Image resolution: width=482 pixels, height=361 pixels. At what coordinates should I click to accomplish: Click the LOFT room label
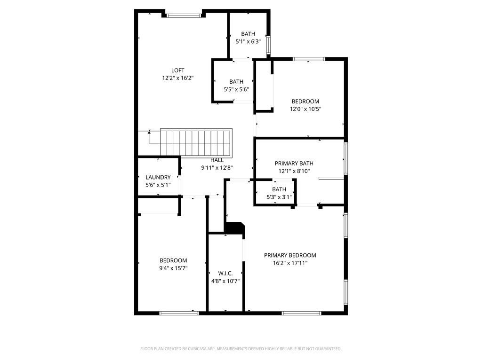click(177, 71)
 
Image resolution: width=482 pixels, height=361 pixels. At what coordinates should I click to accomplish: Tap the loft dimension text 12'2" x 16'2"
click(177, 78)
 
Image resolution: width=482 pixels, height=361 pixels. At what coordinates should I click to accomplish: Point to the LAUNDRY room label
click(158, 178)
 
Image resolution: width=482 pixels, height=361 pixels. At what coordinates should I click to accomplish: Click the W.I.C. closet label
click(225, 274)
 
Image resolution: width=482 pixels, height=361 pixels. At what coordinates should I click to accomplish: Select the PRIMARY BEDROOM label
click(289, 256)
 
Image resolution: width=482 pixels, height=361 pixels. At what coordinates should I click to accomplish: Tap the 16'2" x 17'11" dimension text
click(289, 263)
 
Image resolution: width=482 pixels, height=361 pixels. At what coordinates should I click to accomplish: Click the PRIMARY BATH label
click(294, 164)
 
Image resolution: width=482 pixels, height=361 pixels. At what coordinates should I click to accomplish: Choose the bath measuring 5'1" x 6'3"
click(248, 38)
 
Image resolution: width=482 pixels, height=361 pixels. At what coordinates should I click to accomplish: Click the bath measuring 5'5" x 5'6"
click(236, 86)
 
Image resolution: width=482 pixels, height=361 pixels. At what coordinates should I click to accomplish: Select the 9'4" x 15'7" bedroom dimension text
click(173, 268)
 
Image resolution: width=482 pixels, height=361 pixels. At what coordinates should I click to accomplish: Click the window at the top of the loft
click(184, 16)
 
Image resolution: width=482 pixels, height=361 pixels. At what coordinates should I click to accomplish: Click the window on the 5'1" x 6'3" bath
click(268, 46)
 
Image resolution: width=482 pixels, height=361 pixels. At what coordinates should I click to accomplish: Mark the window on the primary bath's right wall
click(345, 158)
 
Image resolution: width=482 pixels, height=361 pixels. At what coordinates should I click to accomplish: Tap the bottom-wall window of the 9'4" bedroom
click(179, 313)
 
